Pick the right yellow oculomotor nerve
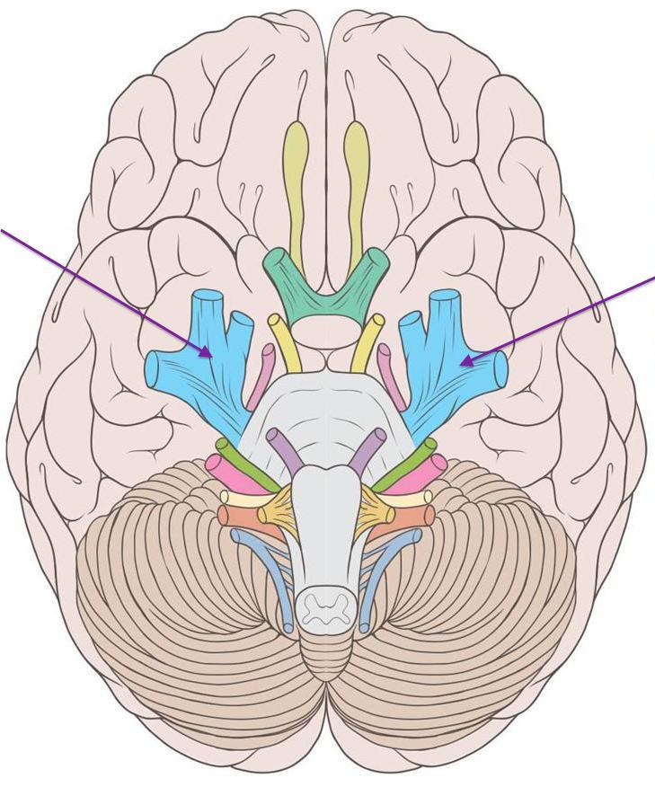[x=367, y=341]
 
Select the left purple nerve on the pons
[x=287, y=450]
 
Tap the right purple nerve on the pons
[x=367, y=450]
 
